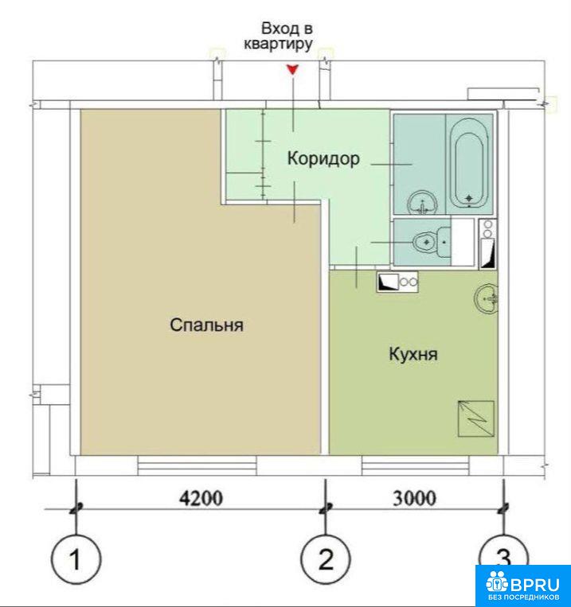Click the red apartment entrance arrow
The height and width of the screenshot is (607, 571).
coord(292,70)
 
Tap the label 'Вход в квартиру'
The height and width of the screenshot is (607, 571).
coord(278,37)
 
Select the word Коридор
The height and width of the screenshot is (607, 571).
coord(323,158)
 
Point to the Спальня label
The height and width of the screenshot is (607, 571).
coord(206,325)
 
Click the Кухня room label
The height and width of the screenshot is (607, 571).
coord(413,354)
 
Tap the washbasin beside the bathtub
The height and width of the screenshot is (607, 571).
coord(423,202)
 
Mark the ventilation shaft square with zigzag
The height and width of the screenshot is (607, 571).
coord(476,418)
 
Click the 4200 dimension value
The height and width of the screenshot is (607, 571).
coord(201,498)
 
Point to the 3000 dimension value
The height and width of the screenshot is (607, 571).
coord(414,498)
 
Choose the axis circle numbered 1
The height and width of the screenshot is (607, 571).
coord(76,559)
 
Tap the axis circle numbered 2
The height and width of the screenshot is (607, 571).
coord(326,559)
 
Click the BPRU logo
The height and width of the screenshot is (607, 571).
coord(523,584)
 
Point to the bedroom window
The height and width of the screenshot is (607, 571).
coord(198,465)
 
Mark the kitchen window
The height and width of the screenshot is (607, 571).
coord(415,465)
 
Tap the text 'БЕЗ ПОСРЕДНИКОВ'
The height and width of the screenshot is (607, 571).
coord(523,597)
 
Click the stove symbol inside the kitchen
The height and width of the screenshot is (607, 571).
coord(397,282)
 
